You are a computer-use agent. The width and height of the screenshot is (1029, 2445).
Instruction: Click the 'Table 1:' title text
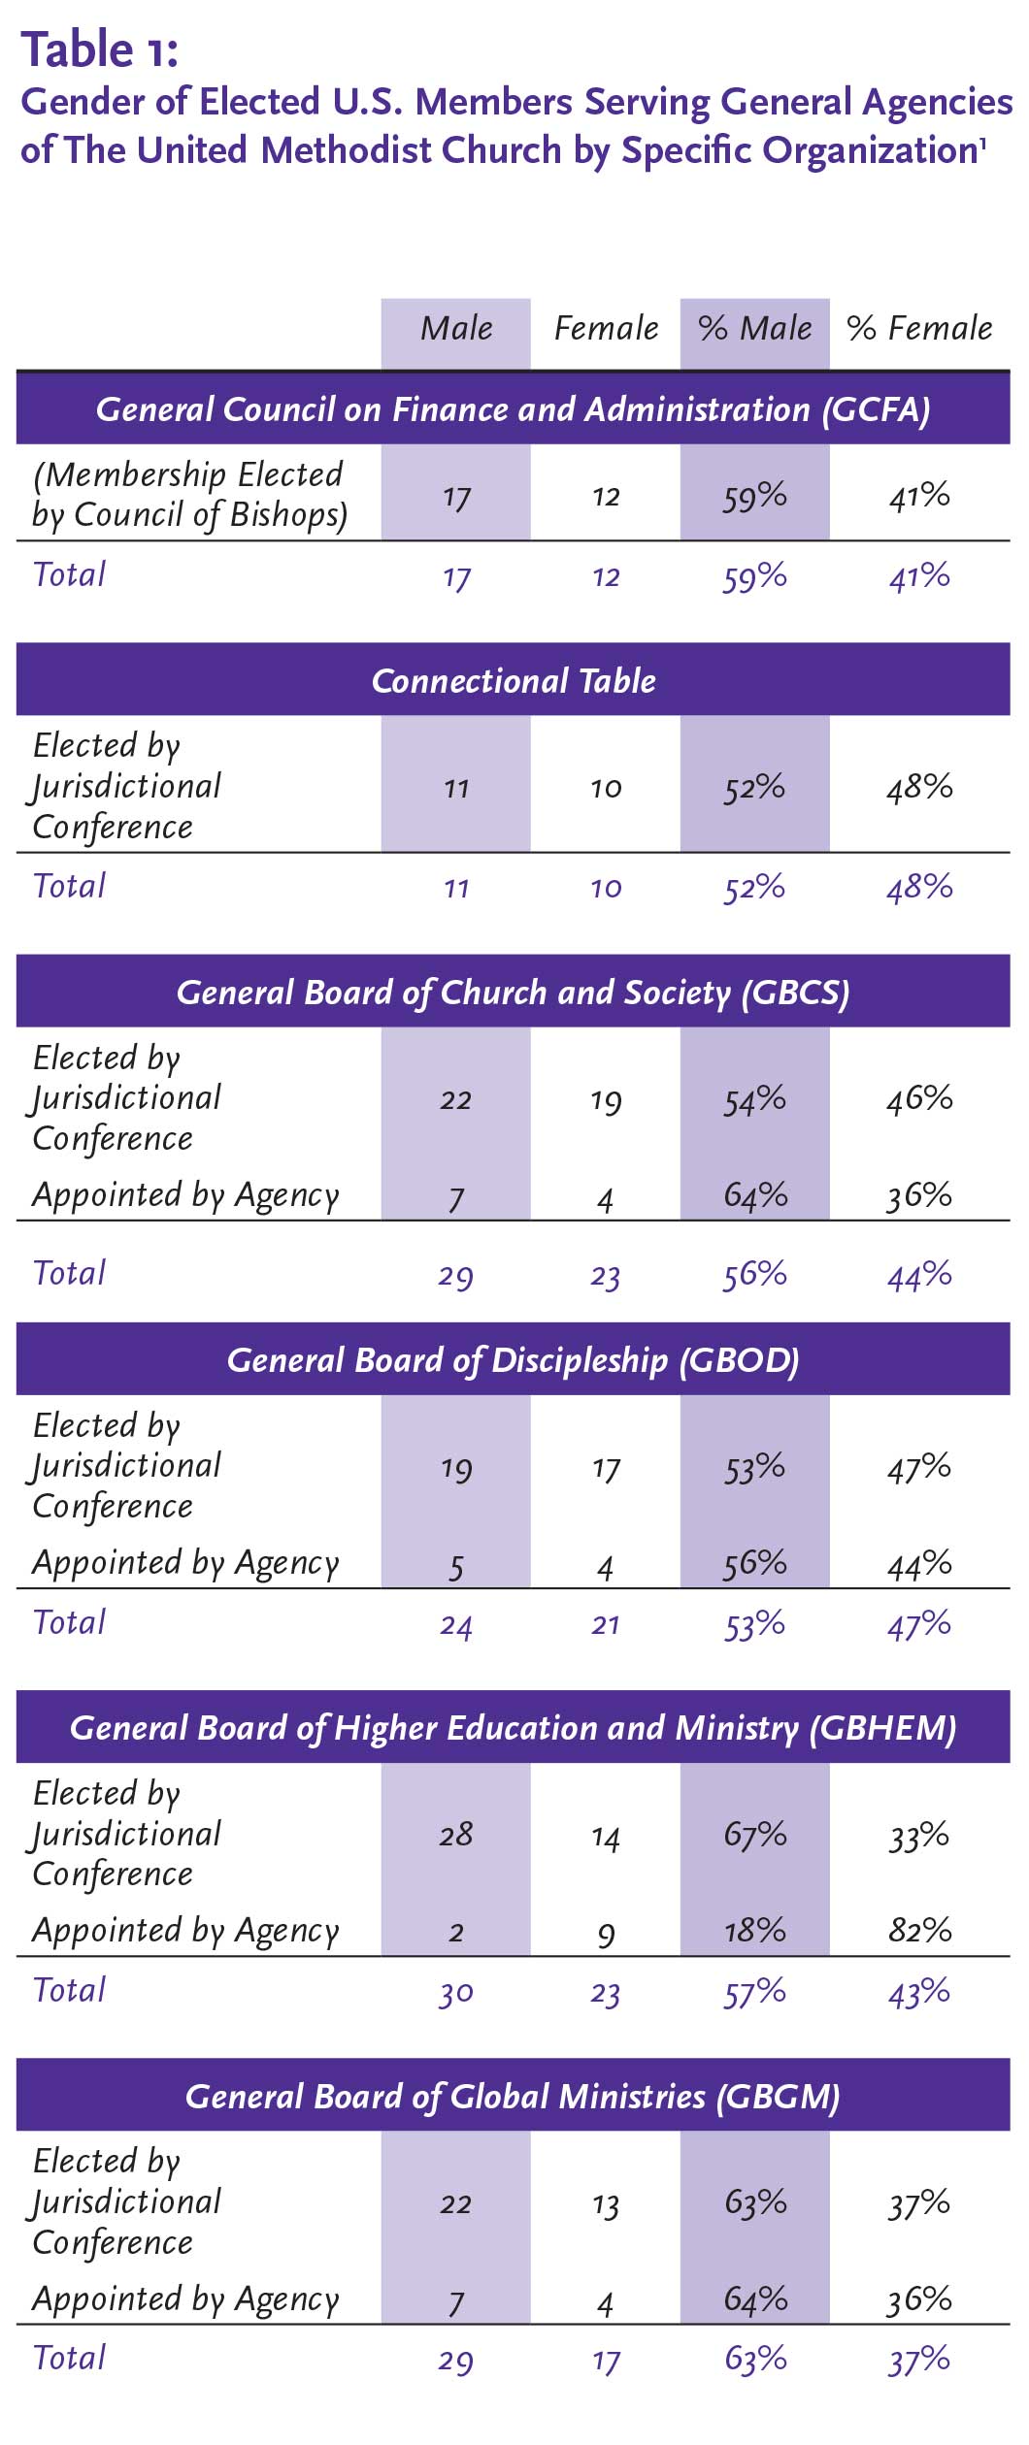pyautogui.click(x=100, y=49)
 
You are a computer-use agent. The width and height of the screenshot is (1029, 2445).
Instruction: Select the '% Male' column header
pyautogui.click(x=754, y=329)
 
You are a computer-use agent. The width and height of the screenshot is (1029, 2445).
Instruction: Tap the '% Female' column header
pyautogui.click(x=919, y=329)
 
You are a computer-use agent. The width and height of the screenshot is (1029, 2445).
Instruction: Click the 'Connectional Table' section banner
pyautogui.click(x=514, y=681)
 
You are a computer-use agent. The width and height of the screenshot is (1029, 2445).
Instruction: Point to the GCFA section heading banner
pyautogui.click(x=514, y=409)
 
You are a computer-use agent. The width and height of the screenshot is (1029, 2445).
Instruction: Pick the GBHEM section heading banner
pyautogui.click(x=514, y=1728)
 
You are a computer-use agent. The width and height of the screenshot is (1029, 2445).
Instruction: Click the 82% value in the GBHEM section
pyautogui.click(x=919, y=1930)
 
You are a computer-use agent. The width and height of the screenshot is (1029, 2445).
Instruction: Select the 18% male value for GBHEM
pyautogui.click(x=754, y=1930)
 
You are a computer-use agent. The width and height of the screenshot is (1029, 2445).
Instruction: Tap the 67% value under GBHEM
pyautogui.click(x=754, y=1834)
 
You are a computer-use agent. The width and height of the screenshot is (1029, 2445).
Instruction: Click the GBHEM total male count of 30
pyautogui.click(x=455, y=1992)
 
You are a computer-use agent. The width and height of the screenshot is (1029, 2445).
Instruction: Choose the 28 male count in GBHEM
pyautogui.click(x=455, y=1834)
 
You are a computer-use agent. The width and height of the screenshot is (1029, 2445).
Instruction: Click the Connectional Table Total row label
pyautogui.click(x=69, y=886)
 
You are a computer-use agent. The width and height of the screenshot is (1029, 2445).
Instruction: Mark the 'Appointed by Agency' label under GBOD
pyautogui.click(x=185, y=1563)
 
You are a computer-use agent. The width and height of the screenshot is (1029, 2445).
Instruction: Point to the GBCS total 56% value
pyautogui.click(x=754, y=1274)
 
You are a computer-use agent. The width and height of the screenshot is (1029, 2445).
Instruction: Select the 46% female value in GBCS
pyautogui.click(x=919, y=1098)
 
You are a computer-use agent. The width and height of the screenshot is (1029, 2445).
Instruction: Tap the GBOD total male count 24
pyautogui.click(x=455, y=1624)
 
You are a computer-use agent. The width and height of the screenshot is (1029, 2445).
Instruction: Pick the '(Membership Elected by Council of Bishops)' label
pyautogui.click(x=189, y=494)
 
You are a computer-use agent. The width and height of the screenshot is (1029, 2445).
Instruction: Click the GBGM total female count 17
pyautogui.click(x=606, y=2360)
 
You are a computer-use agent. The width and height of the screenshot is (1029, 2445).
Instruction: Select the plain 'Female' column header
pyautogui.click(x=606, y=329)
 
